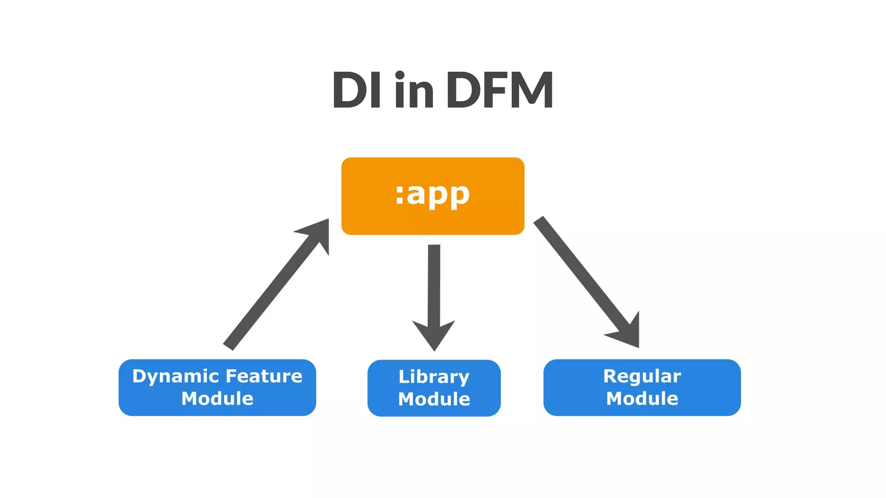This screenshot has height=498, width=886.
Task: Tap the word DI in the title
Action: tap(356, 90)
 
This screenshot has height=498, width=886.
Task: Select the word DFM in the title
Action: tap(500, 90)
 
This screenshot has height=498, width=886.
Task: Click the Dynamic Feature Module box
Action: tap(217, 387)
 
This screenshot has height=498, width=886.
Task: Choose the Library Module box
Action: tap(434, 388)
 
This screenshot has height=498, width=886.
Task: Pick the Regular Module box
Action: tap(642, 387)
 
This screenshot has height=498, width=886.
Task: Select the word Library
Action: tap(434, 377)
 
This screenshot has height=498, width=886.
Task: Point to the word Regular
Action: tap(642, 376)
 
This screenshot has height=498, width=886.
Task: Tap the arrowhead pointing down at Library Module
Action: tap(434, 335)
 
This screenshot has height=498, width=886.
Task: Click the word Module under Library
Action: tap(434, 399)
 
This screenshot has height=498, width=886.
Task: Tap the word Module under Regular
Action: tap(642, 399)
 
